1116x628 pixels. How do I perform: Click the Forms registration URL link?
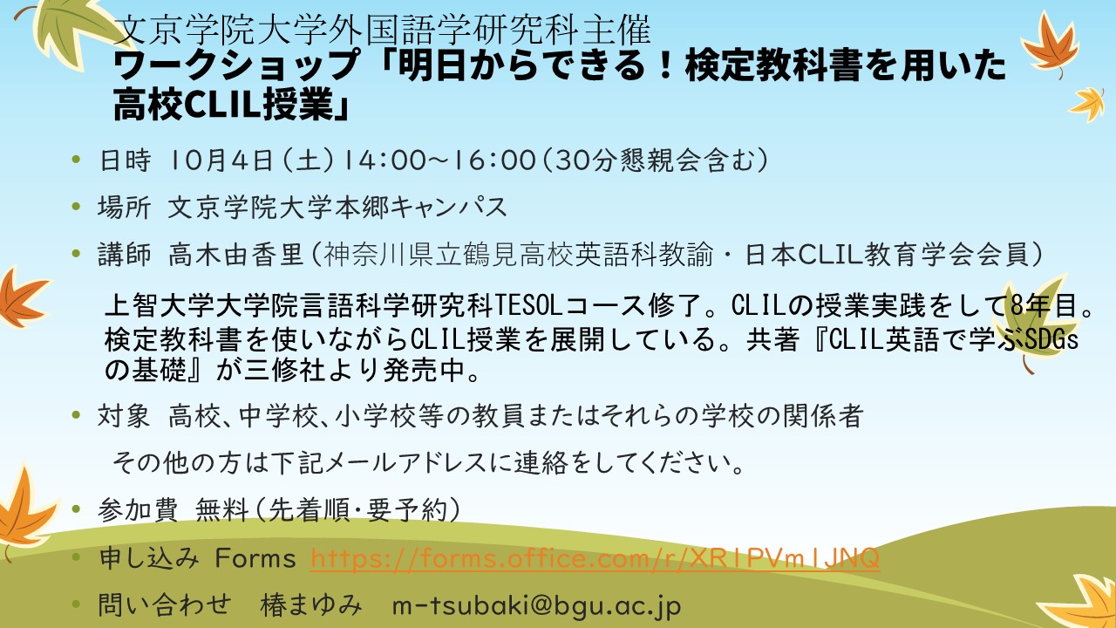[595, 558]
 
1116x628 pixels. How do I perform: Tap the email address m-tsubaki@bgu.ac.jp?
[536, 605]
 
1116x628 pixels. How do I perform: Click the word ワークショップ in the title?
[236, 65]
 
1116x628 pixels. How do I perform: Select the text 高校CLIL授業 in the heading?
[223, 104]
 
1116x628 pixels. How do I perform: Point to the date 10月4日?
[221, 160]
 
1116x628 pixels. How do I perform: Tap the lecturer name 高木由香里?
[235, 254]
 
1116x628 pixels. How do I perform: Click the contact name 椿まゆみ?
[311, 605]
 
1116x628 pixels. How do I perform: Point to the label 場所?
[124, 207]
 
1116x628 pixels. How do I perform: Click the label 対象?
[124, 415]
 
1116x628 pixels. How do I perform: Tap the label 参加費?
[138, 509]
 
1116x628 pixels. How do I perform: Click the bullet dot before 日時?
[76, 160]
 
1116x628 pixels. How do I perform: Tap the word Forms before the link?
[255, 558]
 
